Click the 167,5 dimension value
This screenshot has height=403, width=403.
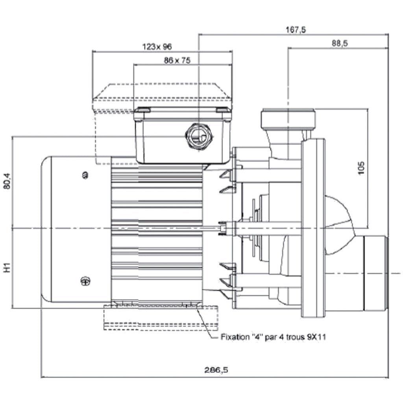296,30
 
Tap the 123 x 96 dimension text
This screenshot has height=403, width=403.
157,47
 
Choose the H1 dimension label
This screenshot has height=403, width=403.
7,268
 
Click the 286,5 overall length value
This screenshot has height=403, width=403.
216,370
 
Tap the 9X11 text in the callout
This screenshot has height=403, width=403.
317,337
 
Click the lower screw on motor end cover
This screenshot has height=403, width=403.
84,281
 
